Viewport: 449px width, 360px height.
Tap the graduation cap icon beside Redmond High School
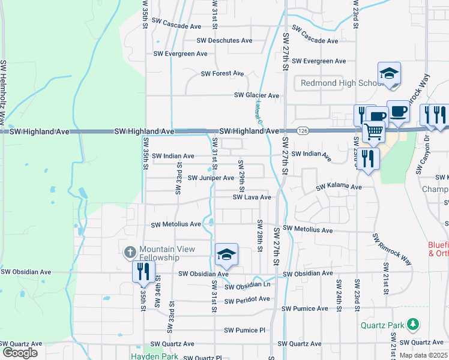(389, 73)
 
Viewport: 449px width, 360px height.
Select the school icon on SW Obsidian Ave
(226, 255)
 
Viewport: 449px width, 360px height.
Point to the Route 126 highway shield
(302, 130)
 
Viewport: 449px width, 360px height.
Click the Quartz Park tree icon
(412, 325)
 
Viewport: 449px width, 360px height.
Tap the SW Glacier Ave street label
(256, 95)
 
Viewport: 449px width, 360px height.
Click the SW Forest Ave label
(222, 73)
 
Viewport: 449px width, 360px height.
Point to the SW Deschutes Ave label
(225, 41)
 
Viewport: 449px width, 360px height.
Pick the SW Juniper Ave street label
(211, 178)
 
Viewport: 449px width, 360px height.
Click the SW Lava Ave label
(252, 197)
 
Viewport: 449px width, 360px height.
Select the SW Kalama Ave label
(339, 187)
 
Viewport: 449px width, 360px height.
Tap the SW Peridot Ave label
(247, 299)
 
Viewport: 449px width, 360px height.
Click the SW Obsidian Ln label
(248, 286)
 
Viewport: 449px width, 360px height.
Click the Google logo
(19, 353)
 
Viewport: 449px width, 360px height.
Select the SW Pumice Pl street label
(244, 330)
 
